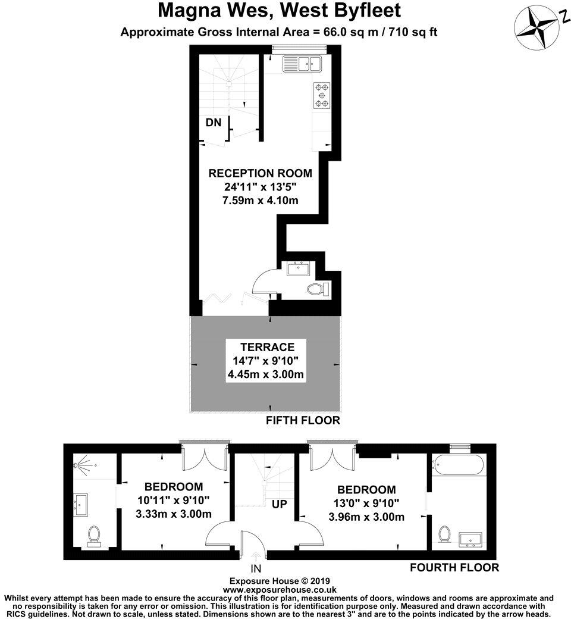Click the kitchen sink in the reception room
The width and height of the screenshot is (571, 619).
click(x=302, y=62)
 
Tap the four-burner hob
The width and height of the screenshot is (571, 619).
click(x=322, y=95)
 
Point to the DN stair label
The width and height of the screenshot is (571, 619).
click(x=213, y=123)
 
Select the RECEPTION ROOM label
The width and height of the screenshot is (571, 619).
click(x=260, y=173)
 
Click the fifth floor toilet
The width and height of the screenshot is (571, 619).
click(x=317, y=289)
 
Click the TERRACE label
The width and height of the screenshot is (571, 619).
click(x=267, y=347)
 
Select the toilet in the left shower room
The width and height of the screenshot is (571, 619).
click(x=94, y=536)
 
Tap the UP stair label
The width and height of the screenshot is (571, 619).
click(x=280, y=505)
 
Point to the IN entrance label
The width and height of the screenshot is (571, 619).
click(x=256, y=568)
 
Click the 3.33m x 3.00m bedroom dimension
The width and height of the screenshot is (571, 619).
click(x=174, y=514)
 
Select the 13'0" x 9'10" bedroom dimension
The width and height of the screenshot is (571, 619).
click(x=366, y=504)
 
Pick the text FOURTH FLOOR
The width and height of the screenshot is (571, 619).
click(x=454, y=567)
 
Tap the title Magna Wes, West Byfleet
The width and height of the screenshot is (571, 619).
click(x=279, y=11)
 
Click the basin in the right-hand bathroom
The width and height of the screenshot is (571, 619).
click(x=473, y=539)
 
